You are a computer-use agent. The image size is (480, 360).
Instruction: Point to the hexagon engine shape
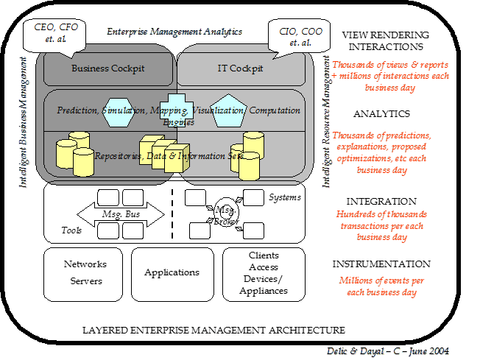click(x=119, y=110)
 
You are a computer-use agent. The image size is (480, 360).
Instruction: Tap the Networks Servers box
click(x=85, y=272)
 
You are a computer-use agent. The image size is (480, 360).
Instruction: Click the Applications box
click(x=172, y=272)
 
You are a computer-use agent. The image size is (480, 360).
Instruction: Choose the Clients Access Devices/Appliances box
click(x=263, y=273)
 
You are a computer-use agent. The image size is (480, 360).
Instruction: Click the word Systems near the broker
click(x=285, y=197)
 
